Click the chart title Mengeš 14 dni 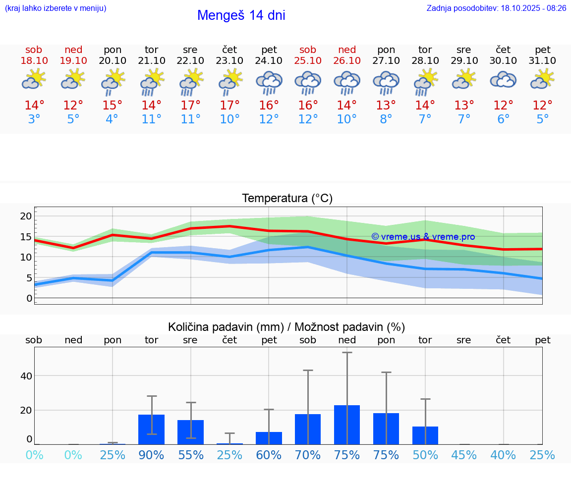point(241,15)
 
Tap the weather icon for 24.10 point(269,82)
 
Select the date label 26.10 point(347,60)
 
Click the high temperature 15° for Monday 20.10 point(113,106)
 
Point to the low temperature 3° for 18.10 point(34,119)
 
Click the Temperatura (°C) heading point(287,199)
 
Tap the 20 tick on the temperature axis point(26,216)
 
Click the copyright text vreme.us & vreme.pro point(423,237)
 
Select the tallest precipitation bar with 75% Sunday point(347,425)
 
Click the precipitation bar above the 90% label point(151,429)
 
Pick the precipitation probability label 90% point(151,455)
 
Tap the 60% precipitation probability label point(269,455)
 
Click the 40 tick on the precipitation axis point(26,376)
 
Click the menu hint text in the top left point(55,8)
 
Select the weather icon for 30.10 point(503,80)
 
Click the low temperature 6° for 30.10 point(503,119)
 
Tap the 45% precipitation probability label point(464,455)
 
